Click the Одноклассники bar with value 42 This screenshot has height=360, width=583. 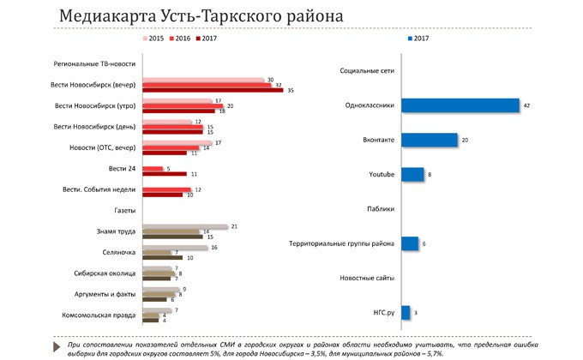[460, 105]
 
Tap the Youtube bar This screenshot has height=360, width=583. [412, 174]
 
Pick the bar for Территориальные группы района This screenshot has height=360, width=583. [409, 243]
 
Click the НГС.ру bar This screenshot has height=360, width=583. [405, 313]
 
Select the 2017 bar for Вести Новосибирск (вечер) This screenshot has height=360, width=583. [212, 90]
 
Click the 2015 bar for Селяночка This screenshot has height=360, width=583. [175, 247]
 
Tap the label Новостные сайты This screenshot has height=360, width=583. [367, 279]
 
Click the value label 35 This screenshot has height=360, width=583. [291, 90]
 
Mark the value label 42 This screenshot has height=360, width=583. [527, 105]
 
